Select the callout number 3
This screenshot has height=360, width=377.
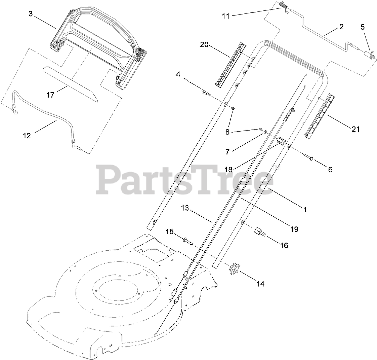click(31, 14)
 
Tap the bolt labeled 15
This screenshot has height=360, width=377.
click(187, 241)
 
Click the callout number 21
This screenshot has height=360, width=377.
click(355, 129)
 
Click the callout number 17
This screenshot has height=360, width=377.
click(50, 95)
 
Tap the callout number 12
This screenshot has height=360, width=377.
click(27, 136)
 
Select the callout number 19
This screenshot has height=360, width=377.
click(294, 229)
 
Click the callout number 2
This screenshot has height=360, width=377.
click(341, 27)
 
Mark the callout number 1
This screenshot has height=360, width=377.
click(305, 210)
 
